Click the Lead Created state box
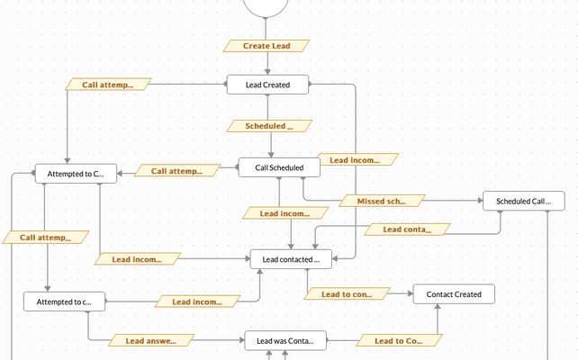pyautogui.click(x=266, y=85)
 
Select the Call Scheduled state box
pyautogui.click(x=279, y=167)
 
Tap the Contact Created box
pyautogui.click(x=454, y=293)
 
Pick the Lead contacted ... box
pyautogui.click(x=291, y=259)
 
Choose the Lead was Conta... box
pyautogui.click(x=285, y=340)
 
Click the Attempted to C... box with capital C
pyautogui.click(x=76, y=172)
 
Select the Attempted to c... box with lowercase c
pyautogui.click(x=64, y=301)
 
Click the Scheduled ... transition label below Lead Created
pyautogui.click(x=269, y=126)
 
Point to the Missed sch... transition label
pyautogui.click(x=381, y=200)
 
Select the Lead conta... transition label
pyautogui.click(x=407, y=229)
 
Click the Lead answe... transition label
pyautogui.click(x=150, y=340)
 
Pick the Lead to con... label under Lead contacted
pyautogui.click(x=347, y=293)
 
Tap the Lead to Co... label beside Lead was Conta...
pyautogui.click(x=398, y=340)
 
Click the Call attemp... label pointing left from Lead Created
pyautogui.click(x=108, y=85)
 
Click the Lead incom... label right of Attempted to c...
pyautogui.click(x=197, y=301)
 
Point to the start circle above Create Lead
pyautogui.click(x=265, y=6)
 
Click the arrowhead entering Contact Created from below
pyautogui.click(x=437, y=307)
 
